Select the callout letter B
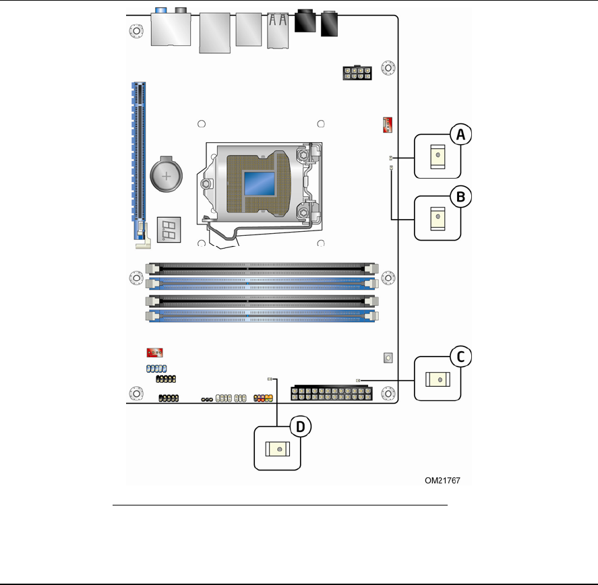point(460,197)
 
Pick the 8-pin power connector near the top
point(357,73)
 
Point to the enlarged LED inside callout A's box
point(438,156)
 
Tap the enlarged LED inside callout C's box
point(439,380)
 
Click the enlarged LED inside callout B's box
point(438,217)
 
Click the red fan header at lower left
point(156,352)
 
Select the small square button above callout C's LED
point(388,357)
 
